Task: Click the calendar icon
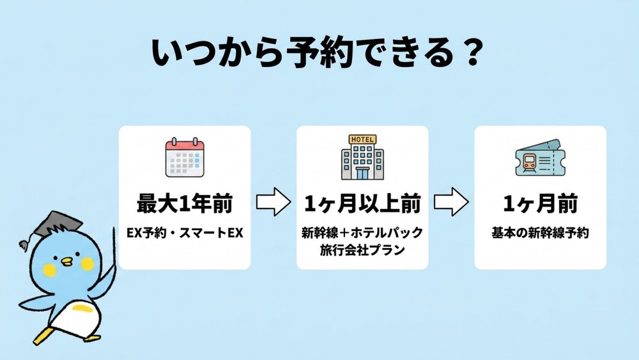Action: (185, 157)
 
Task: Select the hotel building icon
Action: (362, 157)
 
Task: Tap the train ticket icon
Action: (540, 158)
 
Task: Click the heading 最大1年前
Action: (185, 203)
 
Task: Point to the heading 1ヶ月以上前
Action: (362, 203)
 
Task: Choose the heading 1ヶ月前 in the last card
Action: (541, 203)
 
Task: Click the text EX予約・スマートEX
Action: (185, 233)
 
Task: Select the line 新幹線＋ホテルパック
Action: (362, 232)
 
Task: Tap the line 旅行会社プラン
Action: (362, 249)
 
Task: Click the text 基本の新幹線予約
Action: (541, 233)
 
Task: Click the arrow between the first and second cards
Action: (273, 202)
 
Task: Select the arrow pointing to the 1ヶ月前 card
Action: (452, 202)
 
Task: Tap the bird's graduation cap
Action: (52, 226)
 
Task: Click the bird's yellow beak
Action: (65, 262)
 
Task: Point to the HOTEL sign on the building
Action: (362, 139)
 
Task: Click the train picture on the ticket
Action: (530, 162)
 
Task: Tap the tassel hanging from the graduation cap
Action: (25, 244)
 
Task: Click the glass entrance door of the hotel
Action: (362, 173)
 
